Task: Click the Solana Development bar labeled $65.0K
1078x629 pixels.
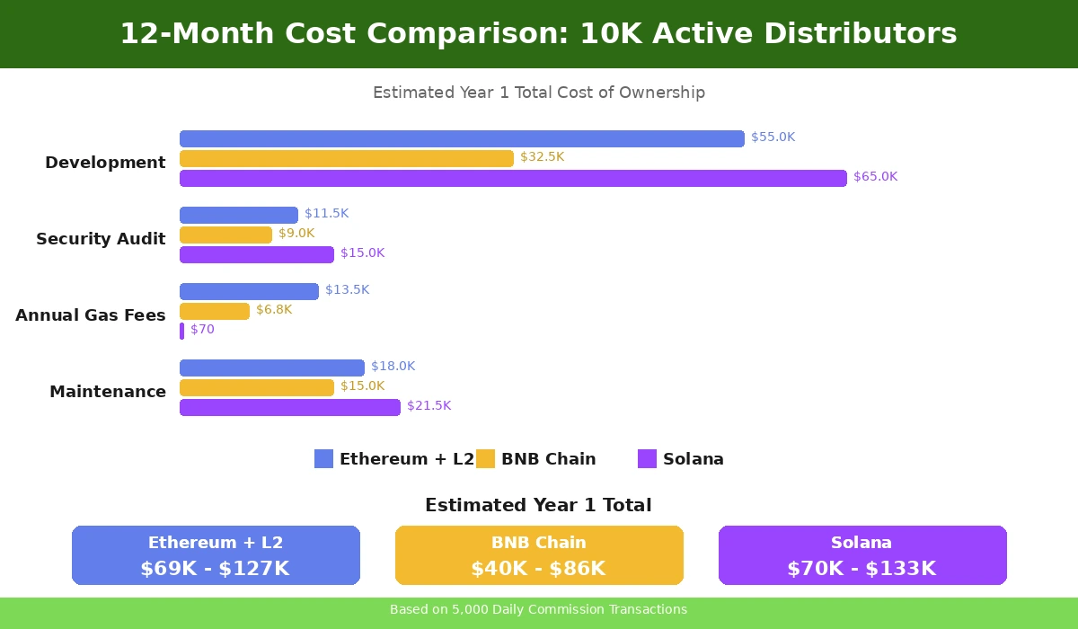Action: point(513,178)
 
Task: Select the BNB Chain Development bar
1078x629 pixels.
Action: point(347,158)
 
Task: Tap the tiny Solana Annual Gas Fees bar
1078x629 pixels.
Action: point(181,331)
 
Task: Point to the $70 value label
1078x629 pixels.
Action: point(202,330)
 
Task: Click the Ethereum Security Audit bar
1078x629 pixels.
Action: point(239,215)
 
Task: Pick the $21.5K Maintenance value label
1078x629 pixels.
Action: point(429,406)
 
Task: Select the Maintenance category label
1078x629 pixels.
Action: point(108,392)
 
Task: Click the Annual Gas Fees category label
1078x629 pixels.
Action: point(91,315)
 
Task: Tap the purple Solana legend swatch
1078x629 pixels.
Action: point(647,459)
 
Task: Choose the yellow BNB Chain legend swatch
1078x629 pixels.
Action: point(485,459)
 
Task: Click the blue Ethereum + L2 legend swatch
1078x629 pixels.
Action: point(323,459)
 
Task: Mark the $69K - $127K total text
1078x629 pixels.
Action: point(215,569)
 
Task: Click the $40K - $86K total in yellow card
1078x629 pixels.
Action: point(538,569)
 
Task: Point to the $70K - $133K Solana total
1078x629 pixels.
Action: point(862,569)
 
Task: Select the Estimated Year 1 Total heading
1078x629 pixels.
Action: point(538,505)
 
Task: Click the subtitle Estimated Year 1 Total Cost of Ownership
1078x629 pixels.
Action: point(538,93)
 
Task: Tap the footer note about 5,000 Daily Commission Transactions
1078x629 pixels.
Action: point(538,610)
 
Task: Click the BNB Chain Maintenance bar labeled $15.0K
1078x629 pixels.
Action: point(257,387)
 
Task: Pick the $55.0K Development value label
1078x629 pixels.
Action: point(773,137)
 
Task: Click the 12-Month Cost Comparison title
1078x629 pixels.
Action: point(538,34)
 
